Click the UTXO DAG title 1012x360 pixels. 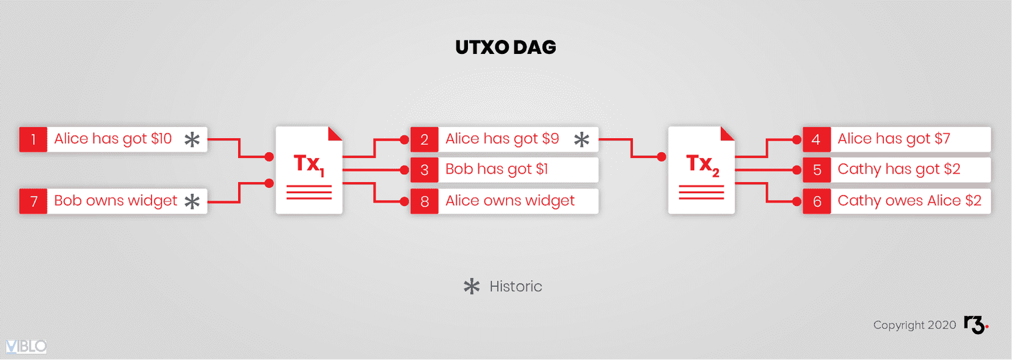pos(505,47)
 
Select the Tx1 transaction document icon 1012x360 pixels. pos(309,170)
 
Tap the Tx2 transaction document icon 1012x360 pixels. pos(702,170)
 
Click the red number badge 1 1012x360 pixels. pos(33,139)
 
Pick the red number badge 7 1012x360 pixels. pos(33,201)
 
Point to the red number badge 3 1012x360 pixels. pos(424,170)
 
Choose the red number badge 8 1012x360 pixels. pos(424,201)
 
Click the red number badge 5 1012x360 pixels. pos(817,170)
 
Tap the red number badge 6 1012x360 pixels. pos(817,201)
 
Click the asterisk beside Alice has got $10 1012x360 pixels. pos(192,140)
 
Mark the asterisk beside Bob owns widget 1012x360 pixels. pos(192,201)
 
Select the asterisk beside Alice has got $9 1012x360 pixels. pos(581,140)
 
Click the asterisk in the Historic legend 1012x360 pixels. pos(472,286)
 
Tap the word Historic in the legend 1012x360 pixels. pos(516,286)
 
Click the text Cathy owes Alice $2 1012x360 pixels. pos(910,201)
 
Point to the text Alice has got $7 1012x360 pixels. pos(894,139)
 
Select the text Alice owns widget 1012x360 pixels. pos(510,201)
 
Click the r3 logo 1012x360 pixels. pos(976,325)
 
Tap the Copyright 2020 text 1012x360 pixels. pos(914,325)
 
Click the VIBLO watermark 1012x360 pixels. pos(26,347)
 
